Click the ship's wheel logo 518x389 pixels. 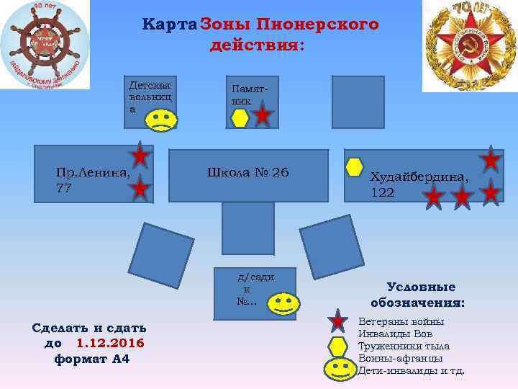pos(45,45)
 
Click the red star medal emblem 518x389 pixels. pos(468,45)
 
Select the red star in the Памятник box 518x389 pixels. pos(263,116)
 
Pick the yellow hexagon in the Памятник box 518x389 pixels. pos(240,118)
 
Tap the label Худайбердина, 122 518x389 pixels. pos(419,184)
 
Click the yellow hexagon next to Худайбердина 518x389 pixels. pos(354,167)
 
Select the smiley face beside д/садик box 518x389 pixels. pos(283,303)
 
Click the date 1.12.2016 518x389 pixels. pos(110,343)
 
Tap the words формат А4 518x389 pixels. pos(92,358)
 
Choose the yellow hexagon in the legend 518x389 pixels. pos(338,346)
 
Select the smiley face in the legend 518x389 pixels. pos(339,369)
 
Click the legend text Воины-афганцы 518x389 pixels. pos(400,358)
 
